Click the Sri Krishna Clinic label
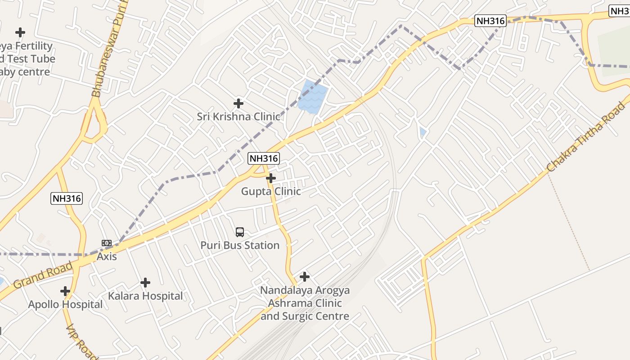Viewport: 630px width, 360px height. click(x=238, y=117)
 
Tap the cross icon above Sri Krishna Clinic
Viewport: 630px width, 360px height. click(x=238, y=103)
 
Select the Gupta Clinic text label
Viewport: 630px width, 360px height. click(x=271, y=191)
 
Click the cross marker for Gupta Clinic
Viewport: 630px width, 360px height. click(x=271, y=178)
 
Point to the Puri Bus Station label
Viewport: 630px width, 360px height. click(x=240, y=245)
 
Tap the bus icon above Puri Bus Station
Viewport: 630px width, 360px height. click(x=240, y=232)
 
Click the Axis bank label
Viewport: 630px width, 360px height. click(x=107, y=256)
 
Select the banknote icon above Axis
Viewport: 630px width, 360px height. click(x=107, y=243)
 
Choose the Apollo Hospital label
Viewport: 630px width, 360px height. click(x=65, y=304)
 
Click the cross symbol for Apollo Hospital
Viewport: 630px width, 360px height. click(x=65, y=291)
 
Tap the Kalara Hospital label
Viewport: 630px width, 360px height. click(x=145, y=296)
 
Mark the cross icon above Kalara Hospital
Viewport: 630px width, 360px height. click(x=145, y=283)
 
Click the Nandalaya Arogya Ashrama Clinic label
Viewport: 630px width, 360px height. click(x=305, y=303)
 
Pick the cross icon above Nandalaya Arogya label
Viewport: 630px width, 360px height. click(x=305, y=276)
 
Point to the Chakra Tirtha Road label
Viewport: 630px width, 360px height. click(x=586, y=137)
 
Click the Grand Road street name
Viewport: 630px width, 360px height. click(x=42, y=275)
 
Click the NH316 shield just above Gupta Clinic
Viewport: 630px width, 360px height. click(x=264, y=158)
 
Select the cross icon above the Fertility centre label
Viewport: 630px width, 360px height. click(x=20, y=32)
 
